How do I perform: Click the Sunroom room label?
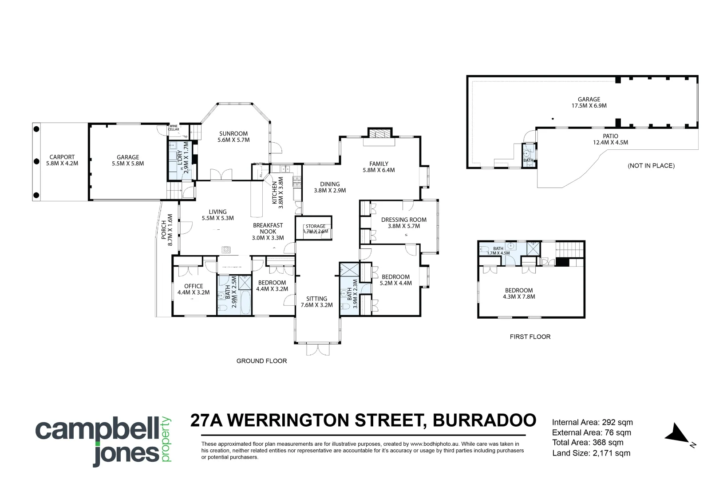click(233, 133)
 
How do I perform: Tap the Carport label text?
click(62, 157)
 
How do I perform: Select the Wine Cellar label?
click(174, 128)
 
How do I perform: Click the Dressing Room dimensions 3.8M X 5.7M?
click(403, 226)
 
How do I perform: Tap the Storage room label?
click(316, 226)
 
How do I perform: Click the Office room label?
click(194, 286)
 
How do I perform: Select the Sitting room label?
click(316, 299)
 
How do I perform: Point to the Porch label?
click(164, 230)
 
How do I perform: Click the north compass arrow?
click(677, 433)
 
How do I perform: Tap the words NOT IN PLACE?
click(651, 166)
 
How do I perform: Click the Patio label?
click(610, 136)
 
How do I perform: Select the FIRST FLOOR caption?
click(530, 337)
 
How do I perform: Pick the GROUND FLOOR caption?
click(261, 361)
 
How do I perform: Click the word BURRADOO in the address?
click(484, 420)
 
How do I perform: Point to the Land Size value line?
click(591, 453)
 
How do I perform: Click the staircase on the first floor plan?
click(570, 249)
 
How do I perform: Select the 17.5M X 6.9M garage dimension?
click(589, 106)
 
